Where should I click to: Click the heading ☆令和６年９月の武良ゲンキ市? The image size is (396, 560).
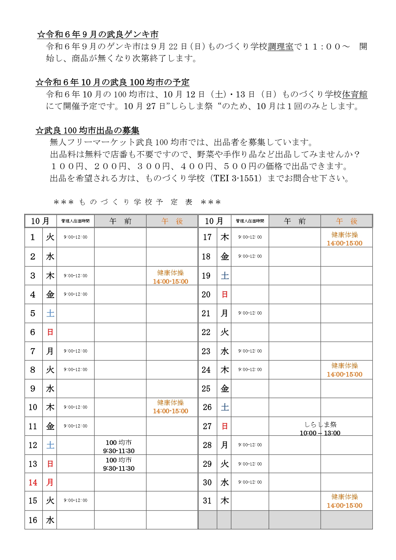point(98,34)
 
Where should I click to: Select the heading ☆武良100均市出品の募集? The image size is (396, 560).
point(87,131)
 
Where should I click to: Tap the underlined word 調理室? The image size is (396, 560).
point(280,47)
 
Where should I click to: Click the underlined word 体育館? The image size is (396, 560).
point(355,94)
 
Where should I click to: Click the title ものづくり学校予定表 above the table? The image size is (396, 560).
point(137,202)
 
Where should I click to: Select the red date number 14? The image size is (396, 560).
point(33,482)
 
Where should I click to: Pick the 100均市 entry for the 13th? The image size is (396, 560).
point(119,464)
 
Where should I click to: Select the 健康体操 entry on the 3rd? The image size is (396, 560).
point(170,277)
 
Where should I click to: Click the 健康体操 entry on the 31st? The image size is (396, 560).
point(345,501)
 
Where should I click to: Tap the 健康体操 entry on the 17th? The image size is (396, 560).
point(345,239)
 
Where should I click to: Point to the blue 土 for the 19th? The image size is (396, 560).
point(225,276)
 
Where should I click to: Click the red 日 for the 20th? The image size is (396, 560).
point(225,295)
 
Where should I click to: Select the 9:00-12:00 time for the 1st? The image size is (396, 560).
point(75,237)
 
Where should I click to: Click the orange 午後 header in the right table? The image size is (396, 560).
point(346,221)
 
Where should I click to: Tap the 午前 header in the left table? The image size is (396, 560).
point(120,221)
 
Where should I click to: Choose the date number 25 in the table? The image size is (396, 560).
point(206,389)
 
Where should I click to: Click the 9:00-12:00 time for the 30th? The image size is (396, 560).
point(250,482)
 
